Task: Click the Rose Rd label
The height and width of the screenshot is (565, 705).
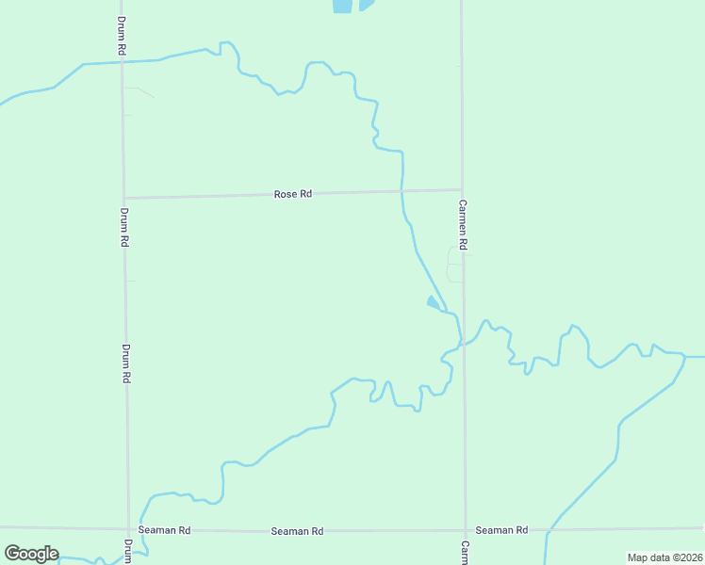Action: pyautogui.click(x=292, y=194)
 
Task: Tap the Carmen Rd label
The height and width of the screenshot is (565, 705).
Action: pyautogui.click(x=463, y=223)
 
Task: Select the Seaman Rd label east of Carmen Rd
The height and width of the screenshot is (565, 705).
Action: pyautogui.click(x=500, y=530)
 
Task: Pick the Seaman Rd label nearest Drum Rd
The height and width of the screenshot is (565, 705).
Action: pyautogui.click(x=164, y=530)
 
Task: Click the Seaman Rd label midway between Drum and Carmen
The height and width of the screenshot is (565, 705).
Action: pyautogui.click(x=297, y=531)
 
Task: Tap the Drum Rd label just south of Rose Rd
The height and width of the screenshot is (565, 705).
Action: pyautogui.click(x=123, y=227)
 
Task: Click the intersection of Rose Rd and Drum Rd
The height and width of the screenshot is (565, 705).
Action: pyautogui.click(x=123, y=198)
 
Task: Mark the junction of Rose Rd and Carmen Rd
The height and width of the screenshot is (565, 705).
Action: pyautogui.click(x=461, y=189)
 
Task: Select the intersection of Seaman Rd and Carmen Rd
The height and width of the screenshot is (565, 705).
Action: pyautogui.click(x=465, y=529)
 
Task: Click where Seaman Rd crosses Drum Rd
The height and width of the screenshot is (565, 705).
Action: pyautogui.click(x=128, y=528)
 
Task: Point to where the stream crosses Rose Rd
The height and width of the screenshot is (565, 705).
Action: pyautogui.click(x=402, y=191)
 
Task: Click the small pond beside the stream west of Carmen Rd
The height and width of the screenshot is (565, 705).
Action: pyautogui.click(x=433, y=302)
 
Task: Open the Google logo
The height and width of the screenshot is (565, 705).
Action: pyautogui.click(x=31, y=554)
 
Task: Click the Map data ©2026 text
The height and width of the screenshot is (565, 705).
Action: pyautogui.click(x=664, y=557)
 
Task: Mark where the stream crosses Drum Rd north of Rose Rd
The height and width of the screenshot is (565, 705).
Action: pyautogui.click(x=122, y=62)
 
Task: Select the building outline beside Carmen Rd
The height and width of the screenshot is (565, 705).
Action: pyautogui.click(x=455, y=273)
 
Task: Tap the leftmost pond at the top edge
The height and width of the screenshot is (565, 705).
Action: pyautogui.click(x=342, y=6)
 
